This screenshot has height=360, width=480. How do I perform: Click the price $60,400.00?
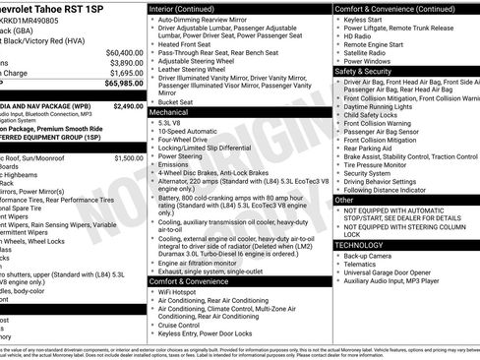[x=123, y=51]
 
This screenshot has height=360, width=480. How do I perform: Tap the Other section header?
[x=345, y=200]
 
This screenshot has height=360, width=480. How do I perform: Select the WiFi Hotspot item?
[x=179, y=291]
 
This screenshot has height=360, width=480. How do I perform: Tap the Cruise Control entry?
[x=184, y=325]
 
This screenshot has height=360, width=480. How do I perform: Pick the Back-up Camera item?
[x=369, y=256]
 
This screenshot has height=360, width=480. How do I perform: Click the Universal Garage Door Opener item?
[x=393, y=272]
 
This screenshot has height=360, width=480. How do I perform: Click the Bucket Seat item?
[x=175, y=101]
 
